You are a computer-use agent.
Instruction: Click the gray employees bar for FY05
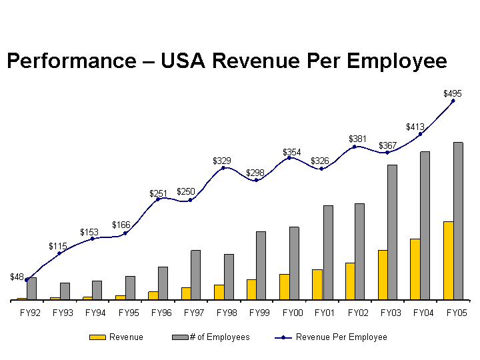pyautogui.click(x=458, y=221)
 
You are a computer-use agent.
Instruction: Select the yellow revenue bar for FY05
pyautogui.click(x=448, y=261)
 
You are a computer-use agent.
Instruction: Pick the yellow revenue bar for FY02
pyautogui.click(x=350, y=281)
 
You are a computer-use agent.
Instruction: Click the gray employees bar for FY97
pyautogui.click(x=195, y=275)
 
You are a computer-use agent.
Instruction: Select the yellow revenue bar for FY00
pyautogui.click(x=285, y=287)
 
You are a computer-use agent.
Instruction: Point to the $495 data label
pyautogui.click(x=453, y=94)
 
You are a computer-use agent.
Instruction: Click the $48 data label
pyautogui.click(x=17, y=277)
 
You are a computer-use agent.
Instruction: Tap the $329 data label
pyautogui.click(x=221, y=161)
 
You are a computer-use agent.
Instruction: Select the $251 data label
pyautogui.click(x=158, y=193)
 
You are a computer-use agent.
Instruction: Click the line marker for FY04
pyautogui.click(x=420, y=134)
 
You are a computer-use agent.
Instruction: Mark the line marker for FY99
pyautogui.click(x=256, y=180)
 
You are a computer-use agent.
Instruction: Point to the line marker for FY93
pyautogui.click(x=59, y=253)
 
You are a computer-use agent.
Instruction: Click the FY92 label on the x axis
pyautogui.click(x=30, y=312)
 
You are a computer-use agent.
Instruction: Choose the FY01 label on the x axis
pyautogui.click(x=325, y=312)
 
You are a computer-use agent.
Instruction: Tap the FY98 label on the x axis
pyautogui.click(x=227, y=312)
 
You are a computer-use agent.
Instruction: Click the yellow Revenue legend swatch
pyautogui.click(x=98, y=337)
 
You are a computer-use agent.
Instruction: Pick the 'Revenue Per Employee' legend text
pyautogui.click(x=341, y=337)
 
